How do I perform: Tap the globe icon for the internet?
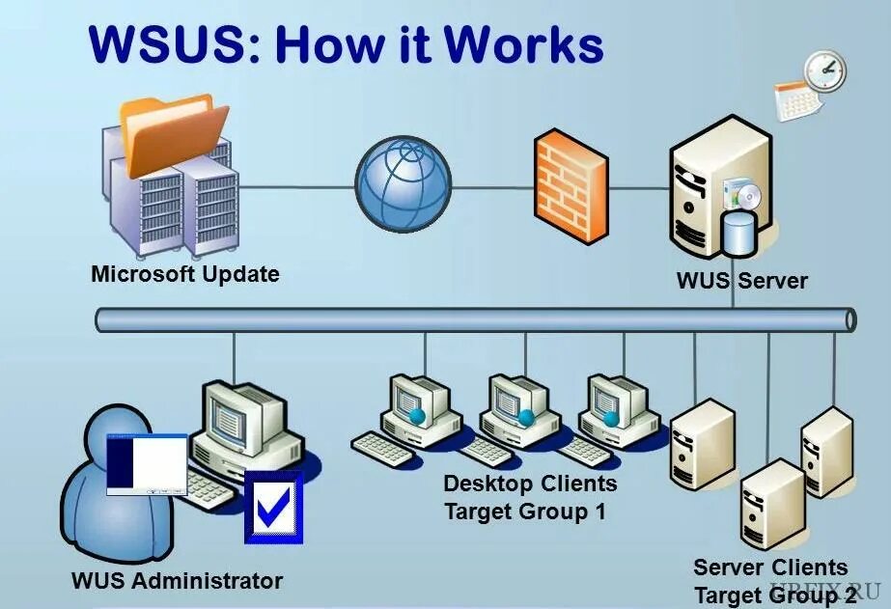pyautogui.click(x=404, y=186)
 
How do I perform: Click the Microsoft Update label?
pyautogui.click(x=184, y=274)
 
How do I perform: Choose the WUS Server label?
pyautogui.click(x=741, y=282)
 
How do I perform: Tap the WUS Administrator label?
pyautogui.click(x=177, y=581)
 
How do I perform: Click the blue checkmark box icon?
pyautogui.click(x=273, y=505)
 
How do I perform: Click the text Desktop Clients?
pyautogui.click(x=529, y=483)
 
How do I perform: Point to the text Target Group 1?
pyautogui.click(x=525, y=512)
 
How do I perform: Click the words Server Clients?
pyautogui.click(x=769, y=567)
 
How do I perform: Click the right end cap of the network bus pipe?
pyautogui.click(x=849, y=319)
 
